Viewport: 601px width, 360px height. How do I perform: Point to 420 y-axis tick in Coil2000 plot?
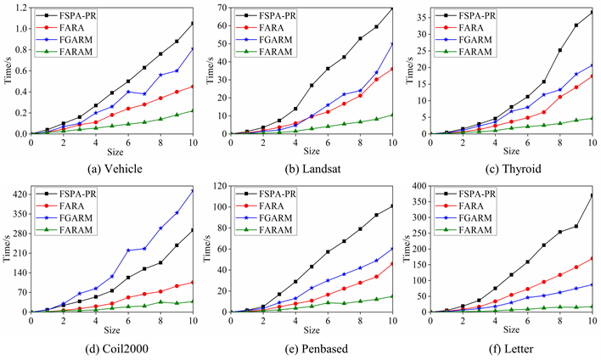coord(17,194)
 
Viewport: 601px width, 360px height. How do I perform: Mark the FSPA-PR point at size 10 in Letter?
coord(592,196)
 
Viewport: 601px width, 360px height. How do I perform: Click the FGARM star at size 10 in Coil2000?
coord(192,190)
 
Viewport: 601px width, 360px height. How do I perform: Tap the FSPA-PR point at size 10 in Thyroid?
coord(592,13)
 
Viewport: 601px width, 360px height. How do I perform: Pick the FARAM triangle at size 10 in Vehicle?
coord(192,110)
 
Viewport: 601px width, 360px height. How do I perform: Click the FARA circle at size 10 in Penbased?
coord(392,263)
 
